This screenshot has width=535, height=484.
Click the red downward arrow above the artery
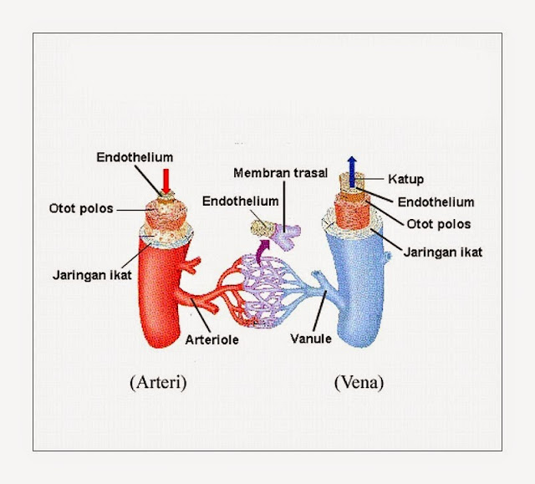(166, 181)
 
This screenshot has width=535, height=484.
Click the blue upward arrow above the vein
(352, 171)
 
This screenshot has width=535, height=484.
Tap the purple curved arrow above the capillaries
(262, 252)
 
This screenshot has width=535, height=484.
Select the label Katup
(405, 179)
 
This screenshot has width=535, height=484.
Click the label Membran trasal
(281, 173)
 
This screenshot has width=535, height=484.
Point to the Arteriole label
(211, 339)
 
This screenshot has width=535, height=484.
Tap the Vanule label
(311, 339)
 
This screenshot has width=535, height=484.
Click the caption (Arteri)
(158, 383)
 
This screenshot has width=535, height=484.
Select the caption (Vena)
(359, 383)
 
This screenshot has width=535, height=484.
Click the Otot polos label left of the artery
(81, 208)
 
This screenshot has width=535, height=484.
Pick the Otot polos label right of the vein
(439, 224)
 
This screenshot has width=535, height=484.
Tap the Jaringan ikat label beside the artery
(92, 275)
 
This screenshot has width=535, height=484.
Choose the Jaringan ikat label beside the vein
(442, 252)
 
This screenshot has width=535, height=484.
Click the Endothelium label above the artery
(135, 157)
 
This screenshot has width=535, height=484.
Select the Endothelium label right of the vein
(436, 202)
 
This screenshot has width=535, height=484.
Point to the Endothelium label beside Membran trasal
(240, 201)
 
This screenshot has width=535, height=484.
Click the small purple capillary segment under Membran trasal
(286, 236)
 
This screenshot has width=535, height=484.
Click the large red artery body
(160, 293)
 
